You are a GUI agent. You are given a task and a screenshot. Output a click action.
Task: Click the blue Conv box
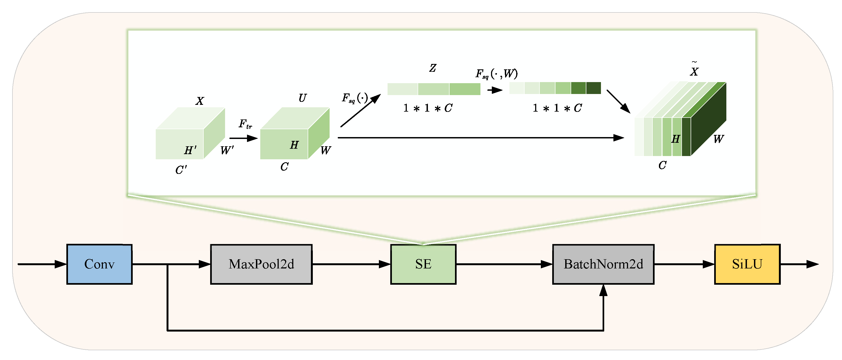tap(99, 264)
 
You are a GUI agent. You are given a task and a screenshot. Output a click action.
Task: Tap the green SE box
tap(423, 264)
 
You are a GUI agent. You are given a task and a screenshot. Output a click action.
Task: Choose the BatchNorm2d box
tap(603, 264)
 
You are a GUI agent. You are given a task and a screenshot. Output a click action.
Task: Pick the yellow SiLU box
tap(747, 264)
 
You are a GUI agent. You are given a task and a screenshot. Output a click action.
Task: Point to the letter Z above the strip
tap(433, 68)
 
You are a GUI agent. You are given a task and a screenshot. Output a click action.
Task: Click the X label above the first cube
tap(200, 101)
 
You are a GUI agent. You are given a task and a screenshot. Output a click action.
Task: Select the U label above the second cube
tap(302, 98)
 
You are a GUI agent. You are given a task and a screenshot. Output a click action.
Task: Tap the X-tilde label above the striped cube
tap(694, 70)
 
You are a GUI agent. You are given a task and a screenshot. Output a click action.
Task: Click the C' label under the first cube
tap(181, 170)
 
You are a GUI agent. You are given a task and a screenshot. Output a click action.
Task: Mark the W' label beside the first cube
tap(227, 150)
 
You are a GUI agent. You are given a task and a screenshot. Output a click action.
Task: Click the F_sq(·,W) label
tap(496, 74)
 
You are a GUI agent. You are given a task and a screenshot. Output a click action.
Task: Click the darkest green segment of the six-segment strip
tap(594, 88)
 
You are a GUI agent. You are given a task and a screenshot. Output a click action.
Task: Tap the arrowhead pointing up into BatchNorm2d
tap(603, 290)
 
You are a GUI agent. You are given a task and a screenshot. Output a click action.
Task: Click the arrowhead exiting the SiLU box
tap(812, 264)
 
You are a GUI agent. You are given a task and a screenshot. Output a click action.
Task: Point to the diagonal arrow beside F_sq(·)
tap(361, 110)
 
